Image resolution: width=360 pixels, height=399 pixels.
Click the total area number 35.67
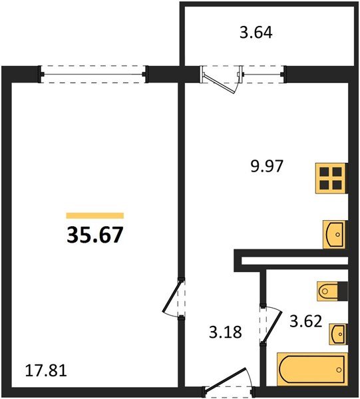pos(95,235)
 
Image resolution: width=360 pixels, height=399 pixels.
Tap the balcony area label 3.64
pos(256,33)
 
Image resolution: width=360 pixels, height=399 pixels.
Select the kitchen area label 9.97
pos(267,166)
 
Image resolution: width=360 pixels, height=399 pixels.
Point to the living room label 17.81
pos(46,370)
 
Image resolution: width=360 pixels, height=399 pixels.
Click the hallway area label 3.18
pos(226,332)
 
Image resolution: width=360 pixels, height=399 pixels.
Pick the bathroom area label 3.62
pos(306,321)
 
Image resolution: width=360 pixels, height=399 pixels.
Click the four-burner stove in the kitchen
pos(331,178)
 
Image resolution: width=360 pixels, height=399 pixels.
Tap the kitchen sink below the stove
pos(335,234)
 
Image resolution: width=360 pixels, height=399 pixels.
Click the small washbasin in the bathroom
pos(338,334)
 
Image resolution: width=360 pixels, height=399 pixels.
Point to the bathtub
pos(312,369)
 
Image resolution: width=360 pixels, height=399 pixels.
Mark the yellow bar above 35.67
pos(95,215)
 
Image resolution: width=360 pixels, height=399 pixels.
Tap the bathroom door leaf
pos(272,327)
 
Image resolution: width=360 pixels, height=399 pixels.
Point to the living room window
pos(93,74)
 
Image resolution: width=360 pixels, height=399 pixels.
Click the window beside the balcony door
pos(264,74)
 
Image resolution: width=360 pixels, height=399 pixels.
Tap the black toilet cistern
pos(343,291)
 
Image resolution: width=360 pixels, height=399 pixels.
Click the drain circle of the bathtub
pos(339,370)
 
